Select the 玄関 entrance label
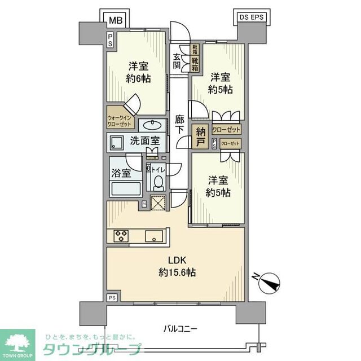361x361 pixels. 177,60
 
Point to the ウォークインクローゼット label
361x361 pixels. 119,121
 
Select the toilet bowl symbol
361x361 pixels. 159,183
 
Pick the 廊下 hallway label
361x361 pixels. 179,125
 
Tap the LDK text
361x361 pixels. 175,260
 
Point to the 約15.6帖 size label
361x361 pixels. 175,272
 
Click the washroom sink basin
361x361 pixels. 151,125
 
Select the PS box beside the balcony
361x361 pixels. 112,297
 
